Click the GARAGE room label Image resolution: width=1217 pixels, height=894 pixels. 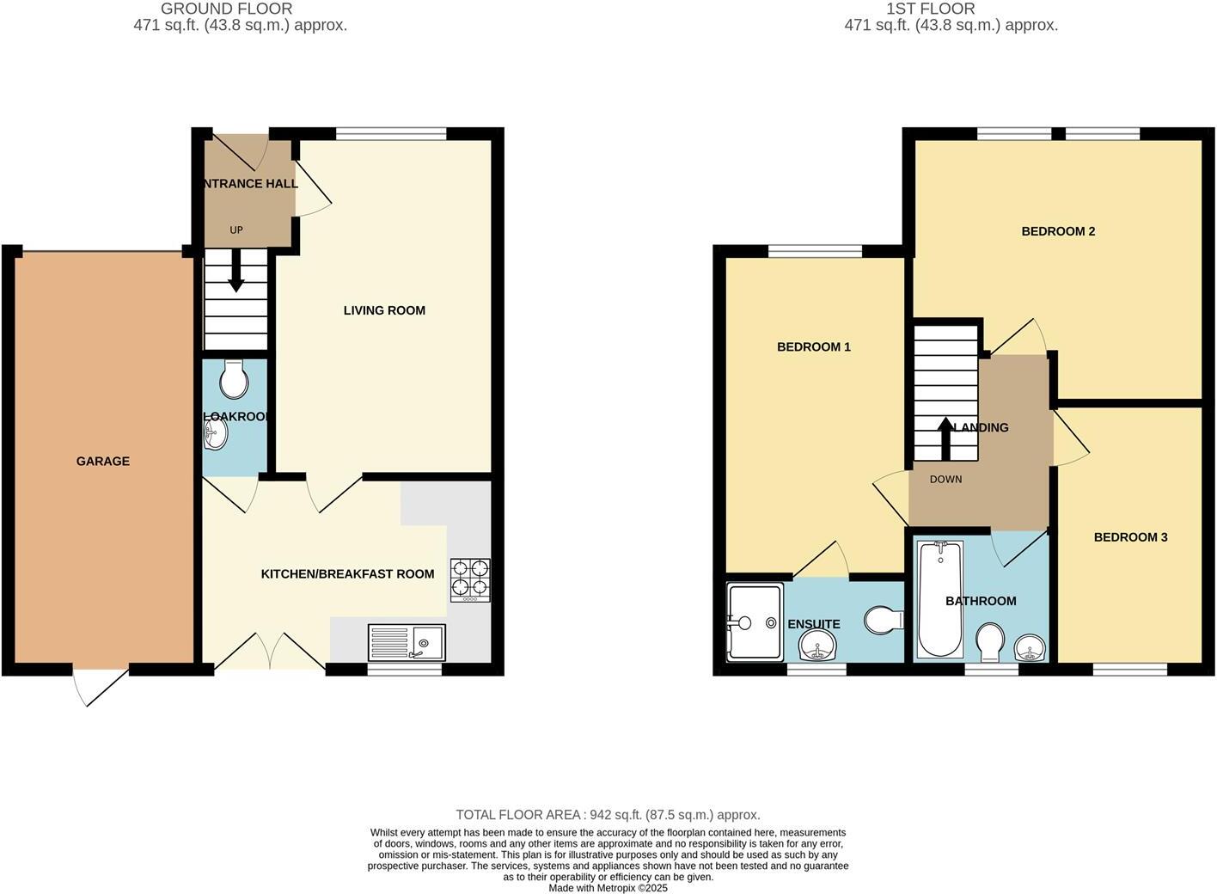[x=103, y=462]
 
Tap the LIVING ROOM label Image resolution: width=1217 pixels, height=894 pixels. [x=384, y=310]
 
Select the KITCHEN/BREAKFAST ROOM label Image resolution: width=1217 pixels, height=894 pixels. [x=347, y=574]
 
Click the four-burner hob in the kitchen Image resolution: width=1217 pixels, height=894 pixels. [x=470, y=579]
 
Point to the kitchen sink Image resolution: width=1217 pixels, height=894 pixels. [x=407, y=642]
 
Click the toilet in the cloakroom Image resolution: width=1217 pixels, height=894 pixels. [x=234, y=378]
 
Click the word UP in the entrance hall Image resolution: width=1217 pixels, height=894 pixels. [x=236, y=230]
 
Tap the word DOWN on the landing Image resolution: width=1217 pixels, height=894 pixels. [x=945, y=480]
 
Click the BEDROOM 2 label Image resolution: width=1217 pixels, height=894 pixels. [x=1058, y=231]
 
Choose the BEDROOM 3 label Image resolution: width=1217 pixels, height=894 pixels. [x=1130, y=537]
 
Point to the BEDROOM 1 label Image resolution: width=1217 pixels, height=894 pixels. [x=813, y=347]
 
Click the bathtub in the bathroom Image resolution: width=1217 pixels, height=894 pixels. [x=933, y=602]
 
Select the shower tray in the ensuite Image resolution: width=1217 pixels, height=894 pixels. [x=755, y=622]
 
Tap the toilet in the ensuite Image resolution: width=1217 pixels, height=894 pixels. [x=884, y=620]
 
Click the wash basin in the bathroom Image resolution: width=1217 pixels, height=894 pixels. [x=1030, y=648]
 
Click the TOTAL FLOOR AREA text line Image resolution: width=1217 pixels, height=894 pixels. [x=608, y=815]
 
